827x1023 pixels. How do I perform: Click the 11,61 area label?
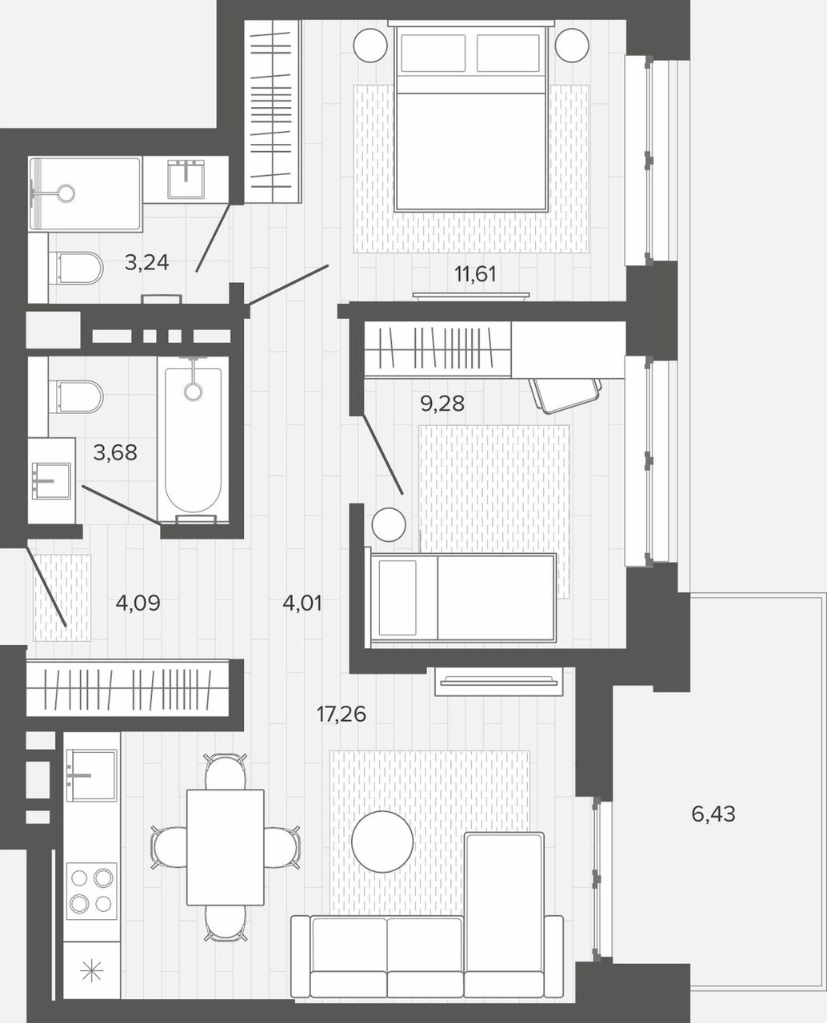(x=475, y=274)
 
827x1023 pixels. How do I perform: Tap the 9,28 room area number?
(x=442, y=404)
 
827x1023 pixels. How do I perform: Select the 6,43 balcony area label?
(x=713, y=814)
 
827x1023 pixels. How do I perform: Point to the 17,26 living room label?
(x=342, y=715)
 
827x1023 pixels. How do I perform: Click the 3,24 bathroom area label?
(x=146, y=263)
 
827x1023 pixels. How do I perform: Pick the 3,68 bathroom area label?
(x=115, y=452)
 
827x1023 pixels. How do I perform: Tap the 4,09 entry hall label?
(x=138, y=603)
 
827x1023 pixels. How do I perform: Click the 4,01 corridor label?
(x=302, y=603)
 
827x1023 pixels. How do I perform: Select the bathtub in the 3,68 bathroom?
(x=194, y=440)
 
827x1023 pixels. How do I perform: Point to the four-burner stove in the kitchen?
(x=92, y=891)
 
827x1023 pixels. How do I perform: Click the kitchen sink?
(x=91, y=776)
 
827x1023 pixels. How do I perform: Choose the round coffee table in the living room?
(x=382, y=842)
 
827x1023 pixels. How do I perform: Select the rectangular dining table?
(x=226, y=847)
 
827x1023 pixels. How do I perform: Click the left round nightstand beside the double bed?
(x=370, y=45)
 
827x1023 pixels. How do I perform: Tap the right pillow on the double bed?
(x=508, y=53)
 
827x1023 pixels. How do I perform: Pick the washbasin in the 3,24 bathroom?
(x=186, y=179)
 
